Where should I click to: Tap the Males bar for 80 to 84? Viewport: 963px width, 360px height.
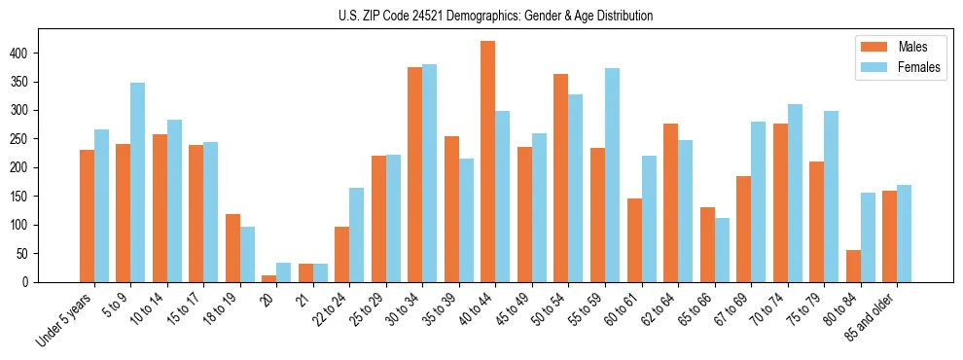pos(853,266)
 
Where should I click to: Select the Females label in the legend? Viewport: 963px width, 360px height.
pos(919,68)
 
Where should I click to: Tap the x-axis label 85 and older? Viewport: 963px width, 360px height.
pos(874,313)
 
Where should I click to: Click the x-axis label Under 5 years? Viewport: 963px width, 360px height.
pos(67,317)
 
